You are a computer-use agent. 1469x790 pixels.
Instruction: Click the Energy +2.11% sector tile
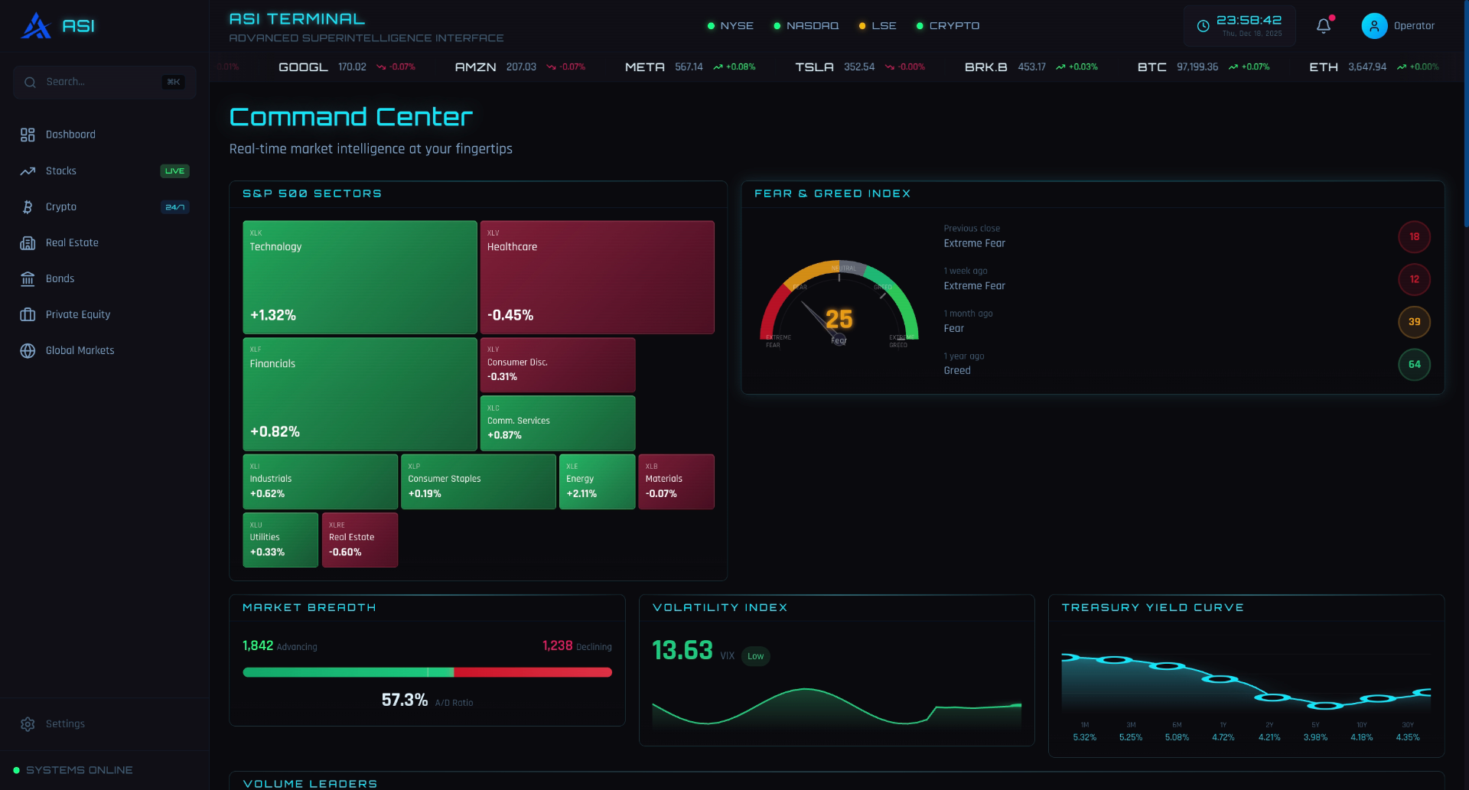[x=597, y=481]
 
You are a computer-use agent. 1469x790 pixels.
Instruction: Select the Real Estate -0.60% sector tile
[x=360, y=539]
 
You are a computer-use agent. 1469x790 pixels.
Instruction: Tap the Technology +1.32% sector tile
[x=360, y=277]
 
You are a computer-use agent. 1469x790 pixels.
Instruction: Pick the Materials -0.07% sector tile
[x=676, y=481]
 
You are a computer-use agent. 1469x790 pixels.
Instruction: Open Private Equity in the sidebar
[x=78, y=314]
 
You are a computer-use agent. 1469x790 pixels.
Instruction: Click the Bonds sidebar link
[x=60, y=278]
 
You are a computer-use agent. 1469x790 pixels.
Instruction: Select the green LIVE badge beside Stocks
[x=174, y=171]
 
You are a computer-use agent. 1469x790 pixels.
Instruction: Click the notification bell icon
[x=1324, y=26]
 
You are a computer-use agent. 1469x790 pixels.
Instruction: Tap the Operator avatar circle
[x=1374, y=26]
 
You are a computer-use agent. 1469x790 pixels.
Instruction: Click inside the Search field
[x=99, y=82]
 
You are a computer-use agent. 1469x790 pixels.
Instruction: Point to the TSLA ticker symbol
[x=814, y=67]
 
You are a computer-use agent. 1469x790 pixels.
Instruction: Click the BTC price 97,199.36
[x=1197, y=67]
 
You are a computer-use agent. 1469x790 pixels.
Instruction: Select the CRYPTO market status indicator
[x=948, y=26]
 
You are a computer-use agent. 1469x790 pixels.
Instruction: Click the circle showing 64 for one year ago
[x=1414, y=364]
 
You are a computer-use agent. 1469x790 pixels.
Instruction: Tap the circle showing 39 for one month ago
[x=1414, y=322]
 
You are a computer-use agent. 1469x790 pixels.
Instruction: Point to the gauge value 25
[x=839, y=319]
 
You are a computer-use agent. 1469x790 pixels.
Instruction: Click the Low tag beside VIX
[x=755, y=656]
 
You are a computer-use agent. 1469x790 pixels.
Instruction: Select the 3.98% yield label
[x=1315, y=737]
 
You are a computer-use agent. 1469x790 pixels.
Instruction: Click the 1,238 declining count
[x=557, y=645]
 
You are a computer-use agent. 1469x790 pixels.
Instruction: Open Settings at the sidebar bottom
[x=65, y=723]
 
